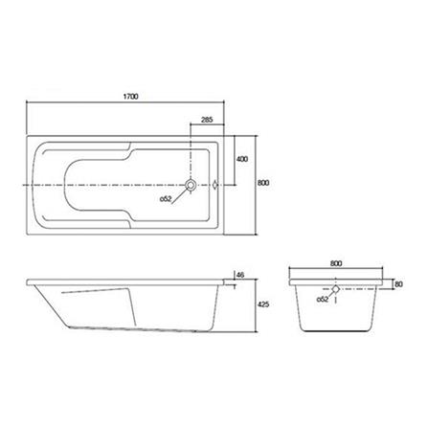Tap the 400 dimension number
(x=242, y=158)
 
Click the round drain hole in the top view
(x=191, y=184)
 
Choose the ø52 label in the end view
(x=323, y=301)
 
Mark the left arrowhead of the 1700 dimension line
(x=28, y=104)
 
